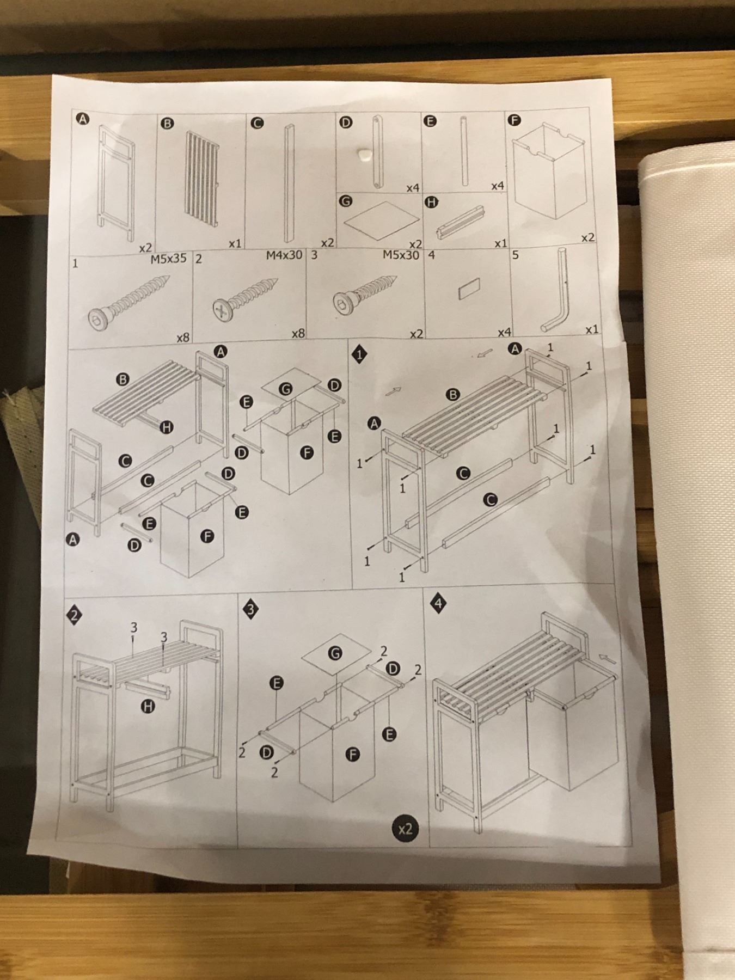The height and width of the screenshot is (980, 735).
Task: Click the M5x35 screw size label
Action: tap(168, 259)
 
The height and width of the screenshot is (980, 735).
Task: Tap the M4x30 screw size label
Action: tap(284, 255)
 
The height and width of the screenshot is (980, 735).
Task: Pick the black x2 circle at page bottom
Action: tap(406, 830)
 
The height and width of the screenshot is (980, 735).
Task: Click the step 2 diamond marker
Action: tap(74, 615)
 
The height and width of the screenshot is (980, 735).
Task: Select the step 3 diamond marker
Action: tap(250, 609)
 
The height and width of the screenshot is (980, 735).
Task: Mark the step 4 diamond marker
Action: tap(439, 604)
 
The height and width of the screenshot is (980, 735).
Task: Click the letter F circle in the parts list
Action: tap(514, 121)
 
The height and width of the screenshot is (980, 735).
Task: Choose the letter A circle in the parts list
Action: tap(83, 119)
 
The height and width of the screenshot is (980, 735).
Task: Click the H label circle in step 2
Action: tap(148, 707)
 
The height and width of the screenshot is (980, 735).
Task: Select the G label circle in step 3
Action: tap(335, 653)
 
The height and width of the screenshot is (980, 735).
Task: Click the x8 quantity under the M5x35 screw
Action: tap(183, 338)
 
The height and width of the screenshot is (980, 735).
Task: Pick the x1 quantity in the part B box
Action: tap(235, 243)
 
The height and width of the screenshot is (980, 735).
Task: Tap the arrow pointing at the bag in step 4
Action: tap(608, 659)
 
